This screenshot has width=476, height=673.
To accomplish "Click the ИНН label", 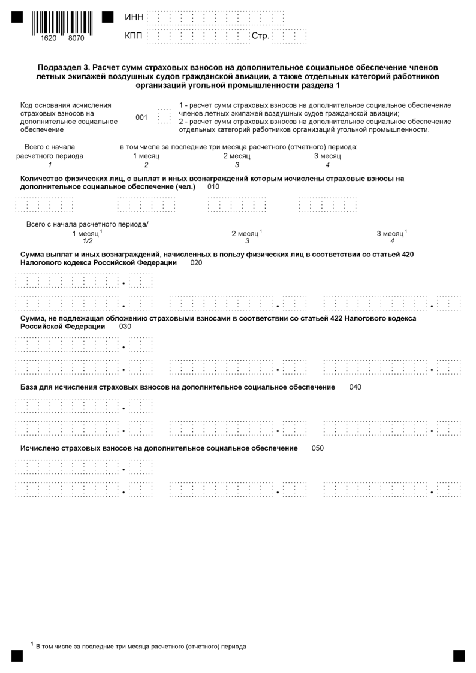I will [x=134, y=18].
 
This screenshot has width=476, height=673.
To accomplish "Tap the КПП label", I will [x=134, y=37].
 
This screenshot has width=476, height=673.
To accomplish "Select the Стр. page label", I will [x=260, y=37].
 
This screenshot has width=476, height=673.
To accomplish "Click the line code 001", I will [x=141, y=117].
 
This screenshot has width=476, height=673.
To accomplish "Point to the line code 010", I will [x=214, y=187].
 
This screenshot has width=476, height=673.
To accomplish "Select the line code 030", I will [x=125, y=327].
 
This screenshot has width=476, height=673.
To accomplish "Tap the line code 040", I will [x=355, y=387].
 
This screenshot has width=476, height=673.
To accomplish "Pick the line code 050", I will [x=318, y=448].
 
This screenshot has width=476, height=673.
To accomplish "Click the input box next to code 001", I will [x=163, y=116].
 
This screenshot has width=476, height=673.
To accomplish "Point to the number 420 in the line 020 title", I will [x=407, y=255].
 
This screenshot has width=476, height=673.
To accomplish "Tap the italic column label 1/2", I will [x=88, y=241].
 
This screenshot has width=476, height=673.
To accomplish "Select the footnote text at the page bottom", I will [x=141, y=647].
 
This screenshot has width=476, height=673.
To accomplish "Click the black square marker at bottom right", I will [x=459, y=656].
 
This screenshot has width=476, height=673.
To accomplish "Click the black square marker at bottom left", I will [x=17, y=656].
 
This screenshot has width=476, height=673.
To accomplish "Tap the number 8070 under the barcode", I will [x=76, y=38].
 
